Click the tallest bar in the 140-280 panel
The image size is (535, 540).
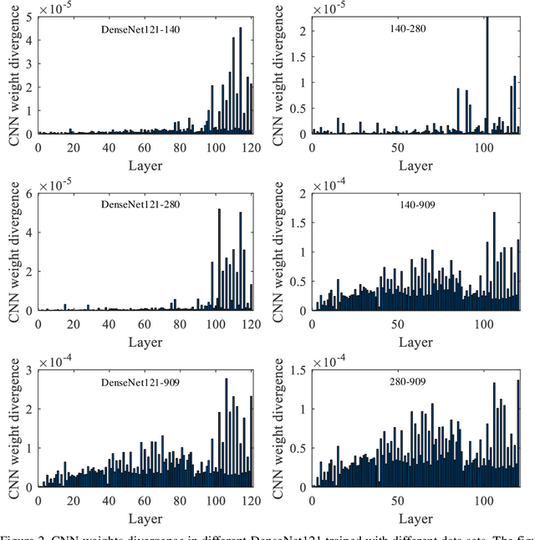pyautogui.click(x=487, y=75)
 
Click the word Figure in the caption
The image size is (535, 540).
pyautogui.click(x=20, y=534)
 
